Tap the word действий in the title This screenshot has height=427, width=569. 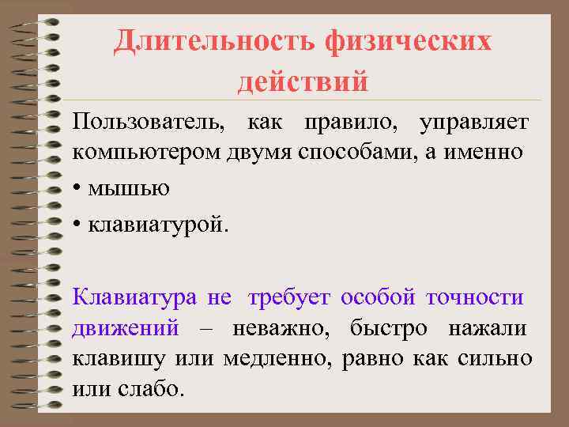point(303,80)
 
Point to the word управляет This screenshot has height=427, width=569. point(474,123)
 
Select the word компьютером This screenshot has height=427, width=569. point(134,153)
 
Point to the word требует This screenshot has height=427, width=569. point(290,298)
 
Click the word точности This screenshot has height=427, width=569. point(474,298)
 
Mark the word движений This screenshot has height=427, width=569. point(126,328)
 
